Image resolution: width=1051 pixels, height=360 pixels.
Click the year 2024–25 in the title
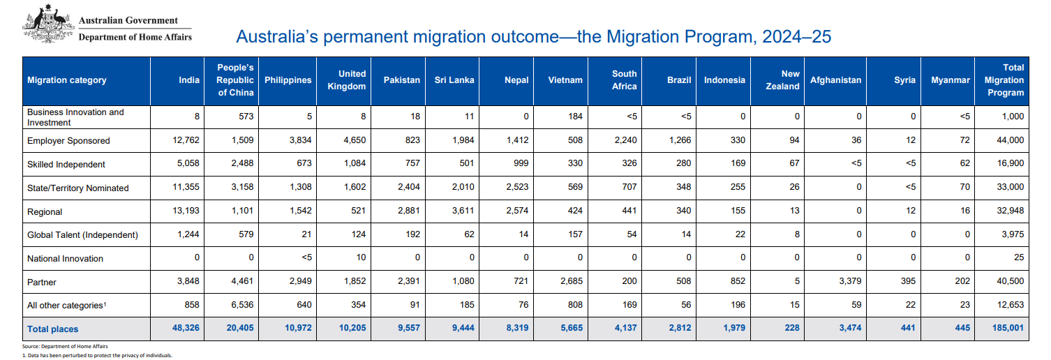[x=797, y=36]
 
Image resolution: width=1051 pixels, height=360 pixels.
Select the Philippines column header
[x=288, y=80]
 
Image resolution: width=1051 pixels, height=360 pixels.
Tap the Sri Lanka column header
[x=454, y=80]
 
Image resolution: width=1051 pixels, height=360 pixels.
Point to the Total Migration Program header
[x=1004, y=80]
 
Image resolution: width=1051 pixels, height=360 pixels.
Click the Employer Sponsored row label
[x=68, y=141]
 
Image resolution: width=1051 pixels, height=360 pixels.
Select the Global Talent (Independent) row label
[x=82, y=234]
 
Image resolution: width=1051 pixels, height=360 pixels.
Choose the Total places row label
[x=52, y=329]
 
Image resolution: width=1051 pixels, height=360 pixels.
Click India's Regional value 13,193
[x=186, y=211]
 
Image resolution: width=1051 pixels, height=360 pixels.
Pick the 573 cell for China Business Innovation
[x=246, y=117]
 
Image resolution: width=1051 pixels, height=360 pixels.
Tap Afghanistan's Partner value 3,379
[x=850, y=281]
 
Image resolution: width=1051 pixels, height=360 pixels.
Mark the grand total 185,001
[x=1008, y=328]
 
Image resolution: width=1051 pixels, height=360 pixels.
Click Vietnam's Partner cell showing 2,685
[x=572, y=281]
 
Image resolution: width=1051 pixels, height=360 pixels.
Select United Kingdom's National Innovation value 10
[x=361, y=257]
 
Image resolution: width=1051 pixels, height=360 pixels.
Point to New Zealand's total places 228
[x=792, y=328]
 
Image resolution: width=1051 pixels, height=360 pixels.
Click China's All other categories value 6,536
[x=242, y=305]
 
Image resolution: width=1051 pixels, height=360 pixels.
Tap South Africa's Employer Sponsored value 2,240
[x=626, y=140]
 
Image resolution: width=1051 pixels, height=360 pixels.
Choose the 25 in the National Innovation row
[x=1019, y=257]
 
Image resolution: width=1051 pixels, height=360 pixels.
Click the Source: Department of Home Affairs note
[x=65, y=346]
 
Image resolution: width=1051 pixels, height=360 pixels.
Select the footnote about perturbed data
[x=98, y=355]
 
